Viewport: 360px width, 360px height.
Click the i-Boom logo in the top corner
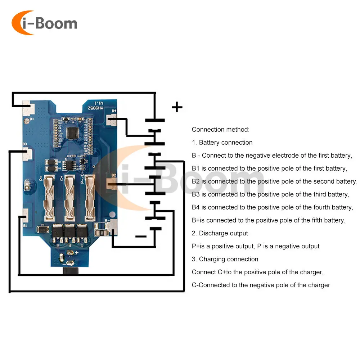44,23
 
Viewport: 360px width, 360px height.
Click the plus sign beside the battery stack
177,107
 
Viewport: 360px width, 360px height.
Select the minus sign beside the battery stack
141,237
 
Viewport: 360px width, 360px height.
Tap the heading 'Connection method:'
220,130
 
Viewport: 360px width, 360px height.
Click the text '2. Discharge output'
220,233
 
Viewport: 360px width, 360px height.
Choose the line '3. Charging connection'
225,259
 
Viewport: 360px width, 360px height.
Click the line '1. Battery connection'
222,143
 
